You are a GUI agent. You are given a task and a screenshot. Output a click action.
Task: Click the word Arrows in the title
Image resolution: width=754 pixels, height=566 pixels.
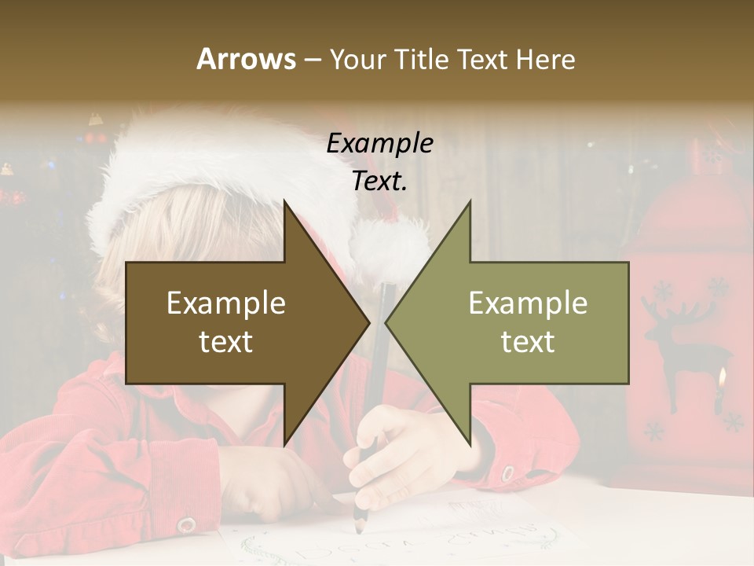click(x=246, y=59)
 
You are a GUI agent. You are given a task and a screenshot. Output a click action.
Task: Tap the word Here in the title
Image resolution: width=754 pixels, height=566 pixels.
click(x=545, y=59)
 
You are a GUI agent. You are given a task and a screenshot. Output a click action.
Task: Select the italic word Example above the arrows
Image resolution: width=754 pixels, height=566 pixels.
click(x=379, y=143)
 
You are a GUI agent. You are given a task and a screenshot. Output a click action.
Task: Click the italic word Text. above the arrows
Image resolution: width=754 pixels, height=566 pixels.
click(x=379, y=181)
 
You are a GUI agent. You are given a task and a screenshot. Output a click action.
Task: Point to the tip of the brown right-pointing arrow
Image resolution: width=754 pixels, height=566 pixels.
click(x=368, y=322)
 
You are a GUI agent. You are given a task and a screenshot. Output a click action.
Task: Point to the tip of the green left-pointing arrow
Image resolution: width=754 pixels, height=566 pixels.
click(x=386, y=322)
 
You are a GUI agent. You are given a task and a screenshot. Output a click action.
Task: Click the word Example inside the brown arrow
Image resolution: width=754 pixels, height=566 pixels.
click(x=226, y=303)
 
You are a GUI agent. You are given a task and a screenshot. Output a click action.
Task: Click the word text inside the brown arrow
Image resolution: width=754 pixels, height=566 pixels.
click(x=226, y=341)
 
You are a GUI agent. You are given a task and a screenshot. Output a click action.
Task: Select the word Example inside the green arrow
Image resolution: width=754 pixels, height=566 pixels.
click(x=528, y=303)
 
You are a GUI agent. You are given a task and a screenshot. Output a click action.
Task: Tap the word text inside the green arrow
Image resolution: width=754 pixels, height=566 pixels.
click(x=528, y=341)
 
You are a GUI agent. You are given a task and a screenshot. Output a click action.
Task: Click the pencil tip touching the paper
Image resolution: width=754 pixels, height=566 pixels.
click(x=359, y=527)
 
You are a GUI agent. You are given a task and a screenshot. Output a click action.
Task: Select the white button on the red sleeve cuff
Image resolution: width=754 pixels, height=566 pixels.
click(x=186, y=524)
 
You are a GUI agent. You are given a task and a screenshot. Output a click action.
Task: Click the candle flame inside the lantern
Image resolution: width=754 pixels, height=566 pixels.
click(x=720, y=380)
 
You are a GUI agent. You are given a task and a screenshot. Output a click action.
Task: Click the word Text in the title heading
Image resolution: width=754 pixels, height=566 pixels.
click(x=481, y=59)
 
